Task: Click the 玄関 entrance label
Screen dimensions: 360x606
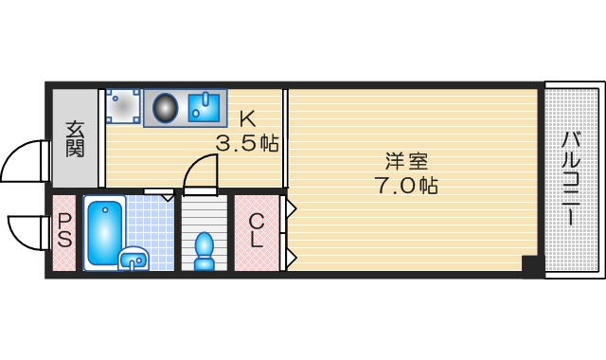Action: (x=76, y=138)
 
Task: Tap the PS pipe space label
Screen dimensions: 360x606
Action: (x=64, y=231)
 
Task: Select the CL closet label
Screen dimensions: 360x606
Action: (x=256, y=231)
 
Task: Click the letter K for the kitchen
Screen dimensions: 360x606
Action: (x=247, y=120)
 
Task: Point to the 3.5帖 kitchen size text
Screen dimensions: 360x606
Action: (x=247, y=145)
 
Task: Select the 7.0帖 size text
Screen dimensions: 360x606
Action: (x=405, y=185)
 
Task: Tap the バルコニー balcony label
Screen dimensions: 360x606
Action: (x=571, y=178)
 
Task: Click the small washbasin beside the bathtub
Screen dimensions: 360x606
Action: (x=134, y=258)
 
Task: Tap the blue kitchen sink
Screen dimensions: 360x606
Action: (x=205, y=108)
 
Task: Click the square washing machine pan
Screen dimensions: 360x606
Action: (x=123, y=107)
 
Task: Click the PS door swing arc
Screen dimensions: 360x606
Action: (x=26, y=230)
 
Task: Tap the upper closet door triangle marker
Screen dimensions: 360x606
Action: (x=292, y=207)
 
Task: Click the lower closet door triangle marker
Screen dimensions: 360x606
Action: (x=292, y=256)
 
